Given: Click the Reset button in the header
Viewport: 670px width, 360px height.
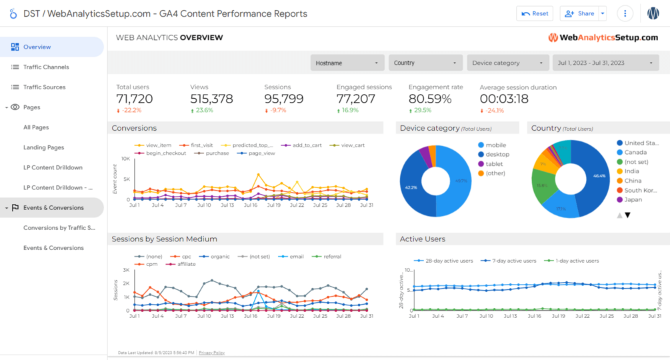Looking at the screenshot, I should (x=535, y=13).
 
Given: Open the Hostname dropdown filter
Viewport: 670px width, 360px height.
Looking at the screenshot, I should (x=347, y=63).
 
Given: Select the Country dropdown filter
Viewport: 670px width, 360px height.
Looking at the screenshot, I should (x=425, y=63).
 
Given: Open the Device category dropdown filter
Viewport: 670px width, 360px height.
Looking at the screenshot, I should (x=507, y=63).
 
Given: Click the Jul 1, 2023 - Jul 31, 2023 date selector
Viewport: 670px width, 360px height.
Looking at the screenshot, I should (x=605, y=63).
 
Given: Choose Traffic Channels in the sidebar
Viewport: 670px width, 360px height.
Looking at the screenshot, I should (x=46, y=67).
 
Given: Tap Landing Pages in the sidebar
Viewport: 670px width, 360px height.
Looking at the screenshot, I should (x=43, y=147).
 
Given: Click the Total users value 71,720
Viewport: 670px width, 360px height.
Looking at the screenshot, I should (x=134, y=99).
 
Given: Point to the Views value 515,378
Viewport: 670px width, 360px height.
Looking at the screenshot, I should (x=211, y=99).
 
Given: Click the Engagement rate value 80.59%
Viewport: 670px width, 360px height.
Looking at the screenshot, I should (x=430, y=99).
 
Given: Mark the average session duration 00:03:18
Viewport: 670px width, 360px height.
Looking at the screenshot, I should (x=504, y=99).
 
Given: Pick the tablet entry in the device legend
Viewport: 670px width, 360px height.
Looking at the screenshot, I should (x=493, y=164).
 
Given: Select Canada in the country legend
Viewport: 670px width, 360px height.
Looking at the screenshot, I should (x=635, y=153).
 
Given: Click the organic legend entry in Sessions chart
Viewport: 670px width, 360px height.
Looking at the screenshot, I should (x=219, y=256).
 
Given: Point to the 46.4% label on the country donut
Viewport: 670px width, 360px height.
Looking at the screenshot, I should (x=599, y=176).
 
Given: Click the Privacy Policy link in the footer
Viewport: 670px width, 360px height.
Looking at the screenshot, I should (x=211, y=353).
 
